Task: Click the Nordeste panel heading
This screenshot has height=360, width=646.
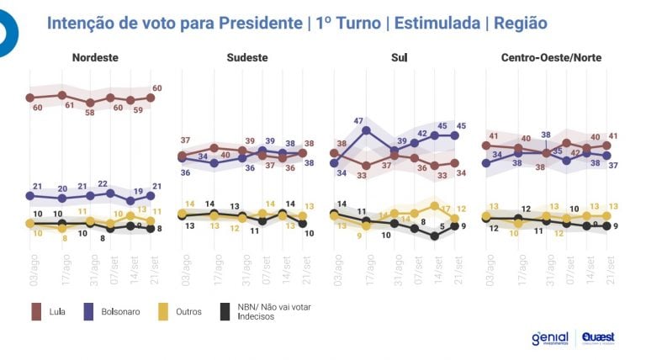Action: [94, 57]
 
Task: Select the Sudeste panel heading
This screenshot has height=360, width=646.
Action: [247, 57]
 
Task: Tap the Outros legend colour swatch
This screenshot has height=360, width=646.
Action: [167, 312]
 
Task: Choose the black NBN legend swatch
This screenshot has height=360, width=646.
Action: [225, 312]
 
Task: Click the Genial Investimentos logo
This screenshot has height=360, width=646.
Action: [550, 337]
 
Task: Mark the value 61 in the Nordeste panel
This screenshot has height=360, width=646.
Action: [70, 106]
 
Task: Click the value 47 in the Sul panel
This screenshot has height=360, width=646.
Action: [357, 121]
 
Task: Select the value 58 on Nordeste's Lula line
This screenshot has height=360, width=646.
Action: [90, 112]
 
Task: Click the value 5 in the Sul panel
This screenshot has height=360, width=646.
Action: [442, 227]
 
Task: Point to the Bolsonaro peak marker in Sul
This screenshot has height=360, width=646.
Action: [366, 130]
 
